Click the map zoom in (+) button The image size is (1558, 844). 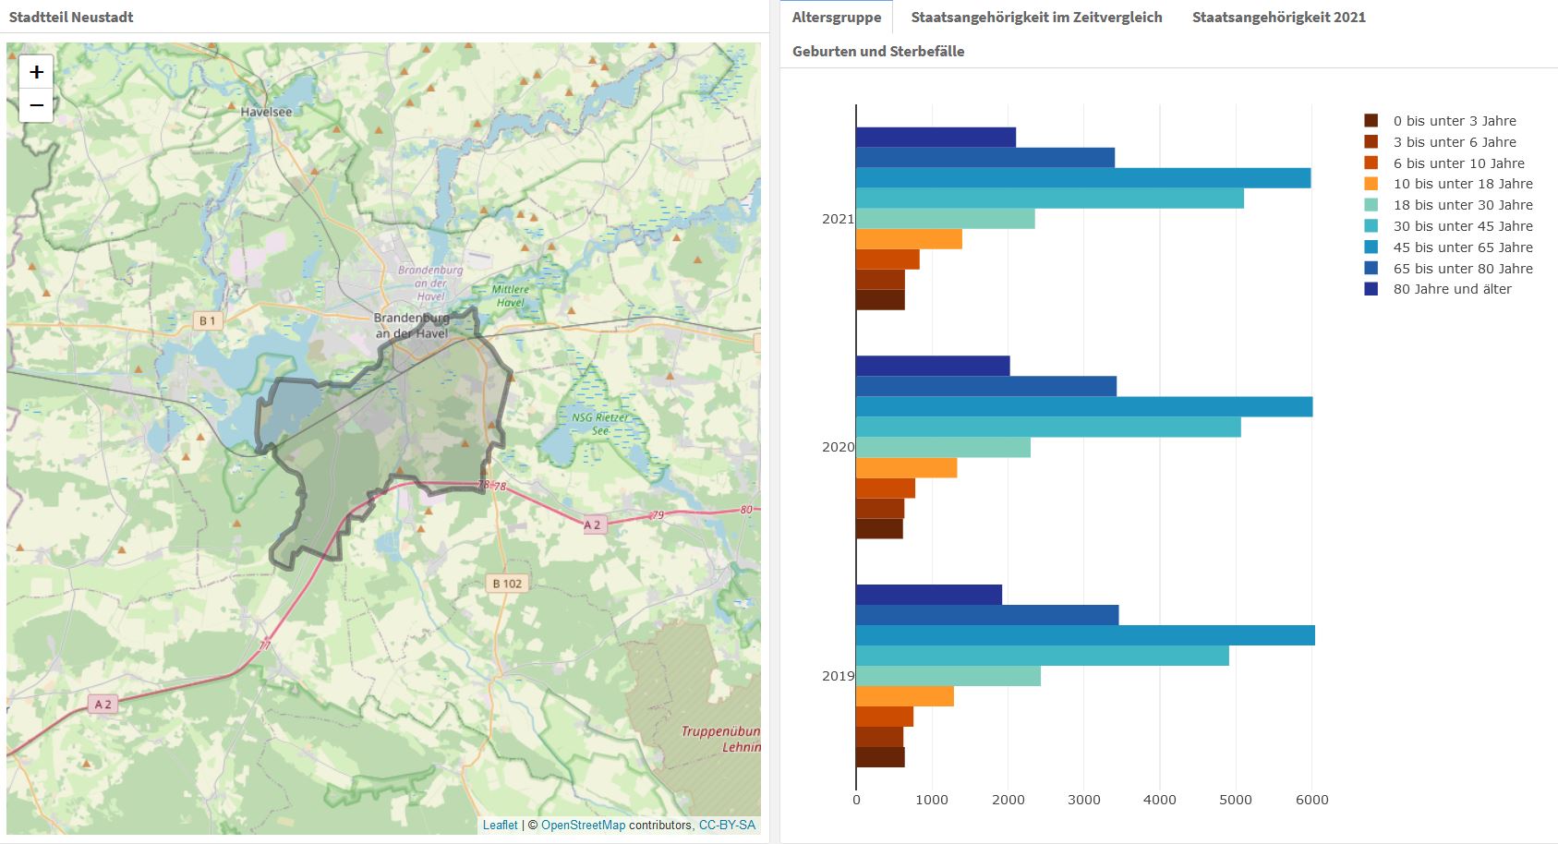coord(36,72)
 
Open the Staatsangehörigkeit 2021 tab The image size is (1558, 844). coord(1278,17)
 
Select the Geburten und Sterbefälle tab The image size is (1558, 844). coord(877,51)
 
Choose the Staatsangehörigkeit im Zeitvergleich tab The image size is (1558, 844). coord(1036,17)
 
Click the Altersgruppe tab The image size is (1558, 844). coord(836,17)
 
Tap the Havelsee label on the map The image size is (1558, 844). coord(266,112)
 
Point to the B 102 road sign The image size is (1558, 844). coord(507,583)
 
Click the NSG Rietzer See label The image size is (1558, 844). coord(600,423)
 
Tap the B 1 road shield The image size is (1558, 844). coord(207,320)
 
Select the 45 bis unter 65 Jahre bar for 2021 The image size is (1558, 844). coord(1082,178)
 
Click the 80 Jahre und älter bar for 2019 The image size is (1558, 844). coord(928,595)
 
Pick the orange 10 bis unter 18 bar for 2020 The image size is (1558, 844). coord(906,468)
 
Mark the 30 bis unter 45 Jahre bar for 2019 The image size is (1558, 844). coord(1042,656)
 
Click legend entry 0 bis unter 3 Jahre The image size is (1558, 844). coord(1454,121)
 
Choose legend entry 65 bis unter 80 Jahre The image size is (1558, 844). coord(1462,269)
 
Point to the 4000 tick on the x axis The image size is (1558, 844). coord(1160,800)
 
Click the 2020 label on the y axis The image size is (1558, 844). coord(838,447)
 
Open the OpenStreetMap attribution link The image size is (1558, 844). coord(583,825)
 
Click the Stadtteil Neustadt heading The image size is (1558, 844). coord(71,17)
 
